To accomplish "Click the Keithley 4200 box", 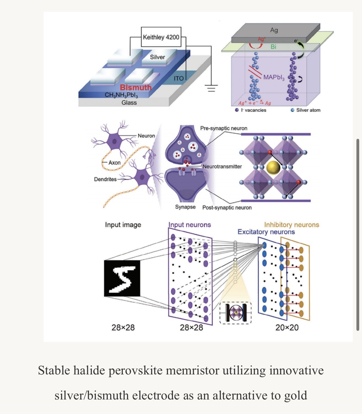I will coord(161,37).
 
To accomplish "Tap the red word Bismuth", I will coord(136,87).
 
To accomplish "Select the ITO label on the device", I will coord(179,79).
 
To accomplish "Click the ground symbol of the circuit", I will coord(211,88).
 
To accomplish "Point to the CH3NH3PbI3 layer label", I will coord(121,95).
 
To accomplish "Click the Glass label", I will coord(129,103).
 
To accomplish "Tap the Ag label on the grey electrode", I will coord(274,30).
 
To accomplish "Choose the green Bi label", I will coord(273,47).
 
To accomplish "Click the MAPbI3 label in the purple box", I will coord(274,77).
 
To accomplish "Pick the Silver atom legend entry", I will coord(306,110).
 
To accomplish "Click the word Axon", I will coord(114,163).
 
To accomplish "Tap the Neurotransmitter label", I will coord(222,167).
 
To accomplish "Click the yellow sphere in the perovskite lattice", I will coord(273,168).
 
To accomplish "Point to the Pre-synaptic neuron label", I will coord(224,128).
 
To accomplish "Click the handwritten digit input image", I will coord(122,278).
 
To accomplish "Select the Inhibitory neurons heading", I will coord(291,225).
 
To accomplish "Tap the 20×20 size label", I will coord(287,328).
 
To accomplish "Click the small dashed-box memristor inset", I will coord(235,313).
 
